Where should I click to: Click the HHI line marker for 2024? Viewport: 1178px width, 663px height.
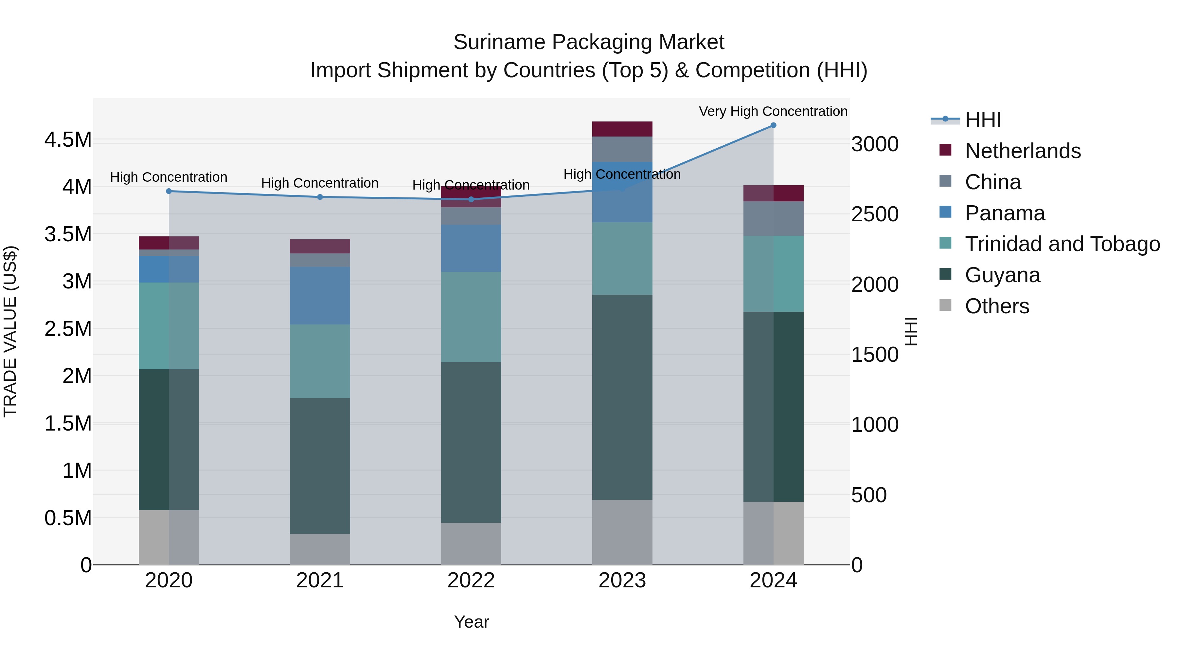click(x=773, y=125)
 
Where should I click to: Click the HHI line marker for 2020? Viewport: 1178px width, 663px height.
click(x=169, y=191)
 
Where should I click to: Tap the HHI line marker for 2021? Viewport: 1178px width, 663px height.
click(x=320, y=197)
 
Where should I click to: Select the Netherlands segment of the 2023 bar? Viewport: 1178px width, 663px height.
click(x=622, y=129)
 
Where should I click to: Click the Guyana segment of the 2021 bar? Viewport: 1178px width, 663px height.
click(x=320, y=466)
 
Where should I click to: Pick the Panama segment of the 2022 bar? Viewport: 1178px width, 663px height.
click(x=471, y=248)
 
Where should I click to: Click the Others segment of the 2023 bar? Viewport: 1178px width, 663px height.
click(x=622, y=532)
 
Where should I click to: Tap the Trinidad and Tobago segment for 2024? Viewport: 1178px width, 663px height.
click(x=773, y=274)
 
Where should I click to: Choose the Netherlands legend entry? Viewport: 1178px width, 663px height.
click(x=1023, y=151)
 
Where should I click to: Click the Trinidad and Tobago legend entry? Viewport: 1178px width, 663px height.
click(x=1062, y=244)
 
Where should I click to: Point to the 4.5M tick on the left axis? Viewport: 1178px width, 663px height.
click(x=68, y=139)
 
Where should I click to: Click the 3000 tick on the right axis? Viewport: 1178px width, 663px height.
click(x=875, y=144)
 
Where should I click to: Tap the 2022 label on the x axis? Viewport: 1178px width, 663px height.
click(x=471, y=580)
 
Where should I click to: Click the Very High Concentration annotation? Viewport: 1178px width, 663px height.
click(x=773, y=111)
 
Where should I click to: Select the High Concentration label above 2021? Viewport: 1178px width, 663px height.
click(x=320, y=183)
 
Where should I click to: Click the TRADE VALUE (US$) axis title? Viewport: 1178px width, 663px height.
click(x=10, y=331)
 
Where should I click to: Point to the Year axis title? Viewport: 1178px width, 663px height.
click(x=472, y=622)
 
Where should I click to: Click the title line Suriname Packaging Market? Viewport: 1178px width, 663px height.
click(x=589, y=42)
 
